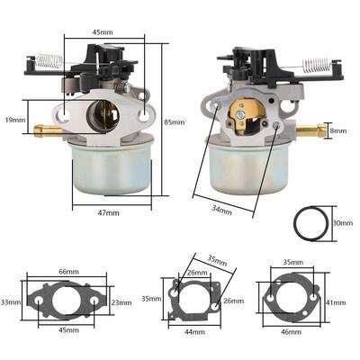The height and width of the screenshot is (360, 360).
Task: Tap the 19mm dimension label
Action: tap(13, 119)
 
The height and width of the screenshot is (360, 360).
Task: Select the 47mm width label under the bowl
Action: tap(108, 212)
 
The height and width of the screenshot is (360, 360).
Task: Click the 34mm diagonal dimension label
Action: tap(220, 211)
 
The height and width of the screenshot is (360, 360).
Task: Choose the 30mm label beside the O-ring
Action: tap(343, 222)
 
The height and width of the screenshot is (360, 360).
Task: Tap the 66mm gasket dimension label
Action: tap(68, 271)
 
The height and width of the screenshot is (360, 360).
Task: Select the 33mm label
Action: tap(10, 301)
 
